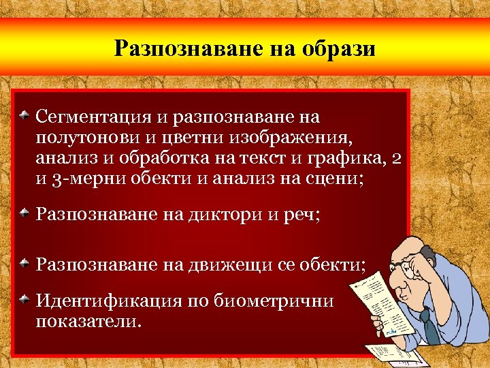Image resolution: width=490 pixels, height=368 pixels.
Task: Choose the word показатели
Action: (88, 320)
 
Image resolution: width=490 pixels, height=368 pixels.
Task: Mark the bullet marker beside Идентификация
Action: (24, 297)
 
